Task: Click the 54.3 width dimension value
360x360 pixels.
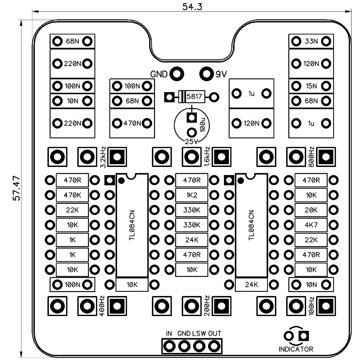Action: click(x=192, y=7)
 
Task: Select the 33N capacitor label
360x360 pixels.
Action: click(x=311, y=41)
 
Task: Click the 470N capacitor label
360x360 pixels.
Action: click(x=132, y=123)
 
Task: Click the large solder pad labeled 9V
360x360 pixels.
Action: click(x=206, y=74)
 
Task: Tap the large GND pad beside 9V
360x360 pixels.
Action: click(x=177, y=74)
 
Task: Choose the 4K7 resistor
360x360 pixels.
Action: click(x=311, y=225)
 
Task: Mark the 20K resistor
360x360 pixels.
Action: click(x=311, y=210)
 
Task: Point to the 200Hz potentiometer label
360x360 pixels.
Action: click(x=208, y=306)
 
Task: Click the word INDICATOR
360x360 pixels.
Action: click(x=296, y=349)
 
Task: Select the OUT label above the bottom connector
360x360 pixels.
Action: click(x=214, y=333)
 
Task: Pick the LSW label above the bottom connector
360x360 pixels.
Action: click(x=199, y=333)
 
